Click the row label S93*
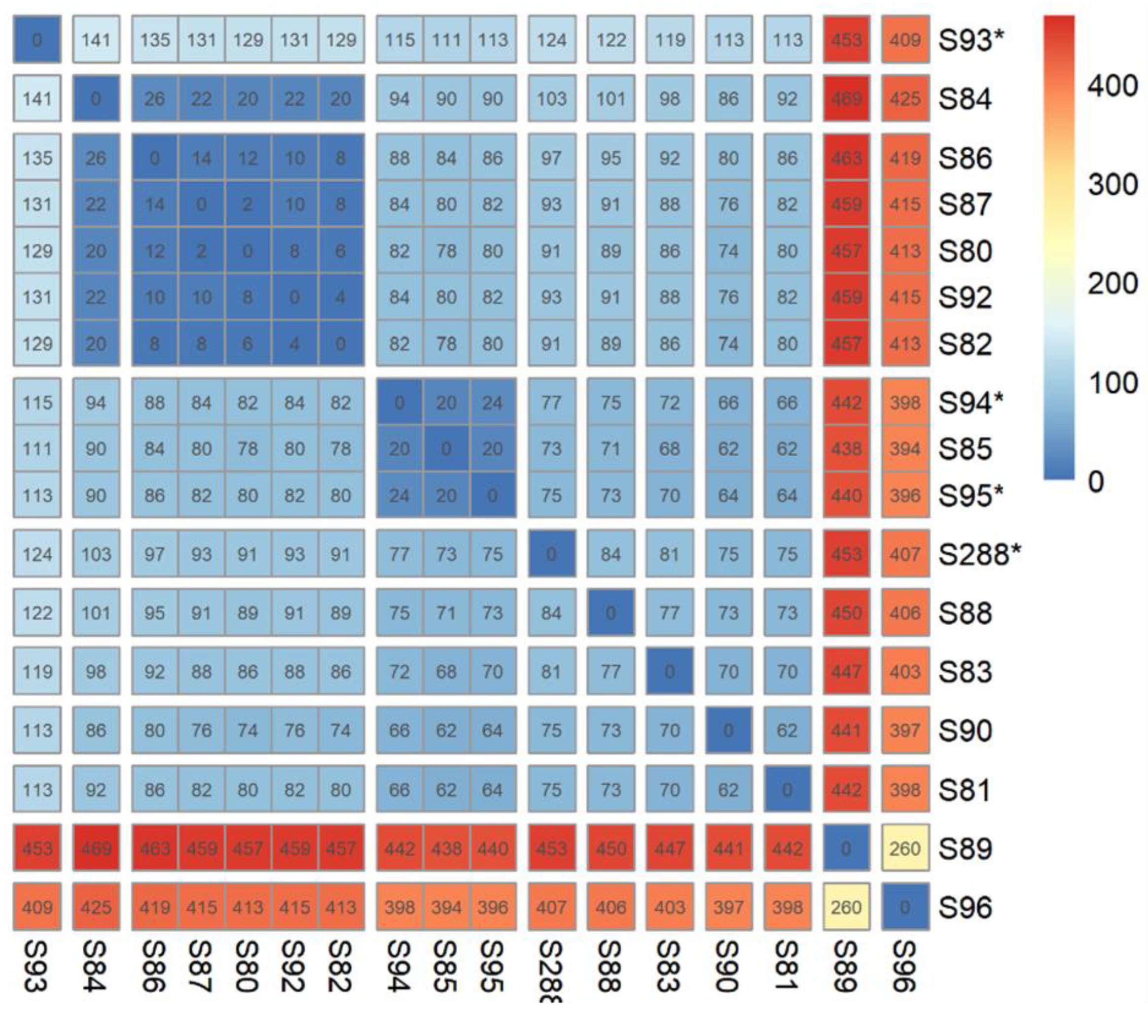pyautogui.click(x=971, y=40)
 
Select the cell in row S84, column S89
pyautogui.click(x=846, y=99)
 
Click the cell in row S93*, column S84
pyautogui.click(x=96, y=40)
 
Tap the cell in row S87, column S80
pyautogui.click(x=248, y=204)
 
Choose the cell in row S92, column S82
pyautogui.click(x=341, y=297)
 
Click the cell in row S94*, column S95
pyautogui.click(x=493, y=403)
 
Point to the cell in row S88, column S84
pyautogui.click(x=96, y=612)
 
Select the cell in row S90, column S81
pyautogui.click(x=787, y=730)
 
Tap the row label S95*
pyautogui.click(x=971, y=496)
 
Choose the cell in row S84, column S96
pyautogui.click(x=905, y=99)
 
